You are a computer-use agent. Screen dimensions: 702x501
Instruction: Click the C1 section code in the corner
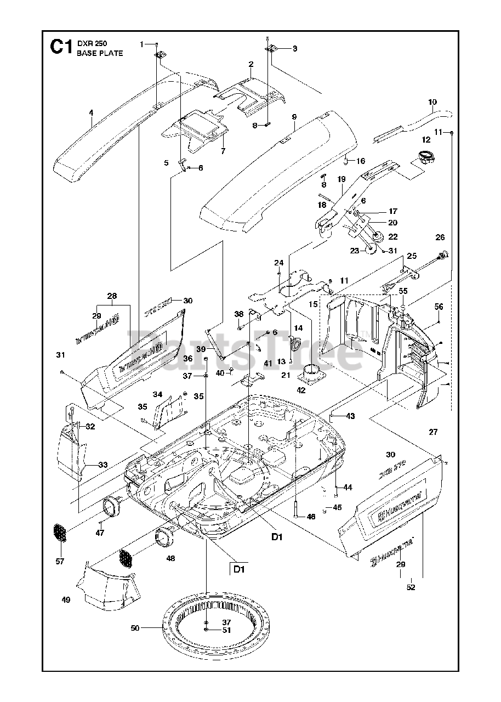(61, 47)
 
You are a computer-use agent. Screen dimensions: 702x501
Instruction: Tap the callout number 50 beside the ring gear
(135, 628)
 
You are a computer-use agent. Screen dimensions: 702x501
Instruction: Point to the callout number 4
(91, 112)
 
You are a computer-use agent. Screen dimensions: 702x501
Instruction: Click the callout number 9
(294, 117)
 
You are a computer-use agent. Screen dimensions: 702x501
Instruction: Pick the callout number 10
(432, 102)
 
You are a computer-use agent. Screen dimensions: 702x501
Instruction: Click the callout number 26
(440, 237)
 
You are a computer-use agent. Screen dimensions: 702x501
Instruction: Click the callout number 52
(411, 587)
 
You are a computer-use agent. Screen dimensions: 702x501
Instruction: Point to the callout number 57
(60, 561)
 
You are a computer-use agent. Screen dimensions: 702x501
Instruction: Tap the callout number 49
(66, 600)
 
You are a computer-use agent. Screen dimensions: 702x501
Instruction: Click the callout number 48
(171, 558)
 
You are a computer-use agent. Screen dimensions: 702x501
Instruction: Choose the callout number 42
(301, 390)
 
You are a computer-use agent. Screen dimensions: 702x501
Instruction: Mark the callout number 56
(439, 307)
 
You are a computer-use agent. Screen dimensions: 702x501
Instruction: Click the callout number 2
(251, 64)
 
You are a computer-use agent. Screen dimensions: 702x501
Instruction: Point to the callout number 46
(311, 517)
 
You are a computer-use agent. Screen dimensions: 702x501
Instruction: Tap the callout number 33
(103, 465)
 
